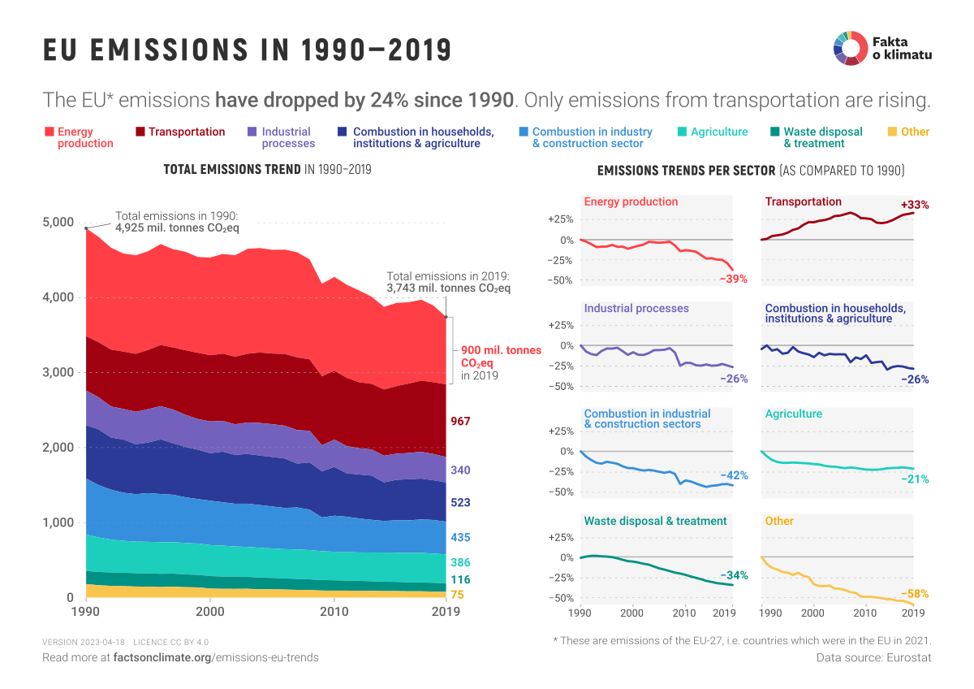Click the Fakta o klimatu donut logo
pos(848,47)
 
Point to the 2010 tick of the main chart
pos(334,611)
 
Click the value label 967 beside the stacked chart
pos(461,421)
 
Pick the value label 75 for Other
pos(457,595)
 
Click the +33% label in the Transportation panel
pos(915,205)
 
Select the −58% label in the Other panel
pos(915,593)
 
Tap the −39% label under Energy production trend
pos(733,279)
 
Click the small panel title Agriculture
pos(793,414)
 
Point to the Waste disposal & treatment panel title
pos(655,521)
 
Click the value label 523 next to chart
pos(461,503)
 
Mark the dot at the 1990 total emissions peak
pos(86,228)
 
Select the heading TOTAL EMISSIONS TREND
pos(232,170)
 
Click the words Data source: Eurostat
pos(873,657)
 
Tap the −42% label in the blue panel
pos(733,475)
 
